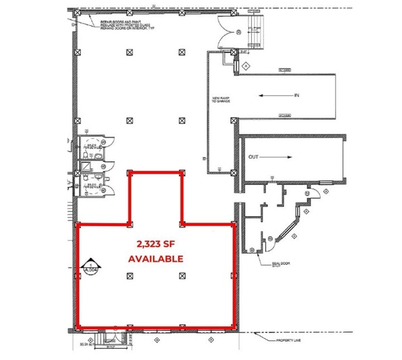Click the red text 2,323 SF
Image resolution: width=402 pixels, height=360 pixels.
(156, 244)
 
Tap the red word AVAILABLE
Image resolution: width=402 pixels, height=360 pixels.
(156, 258)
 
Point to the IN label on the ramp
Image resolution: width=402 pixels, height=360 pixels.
(297, 95)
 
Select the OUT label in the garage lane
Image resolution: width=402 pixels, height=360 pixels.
(255, 157)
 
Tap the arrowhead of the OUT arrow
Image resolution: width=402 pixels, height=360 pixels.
(291, 157)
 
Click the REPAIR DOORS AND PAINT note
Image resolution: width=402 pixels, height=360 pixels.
(126, 25)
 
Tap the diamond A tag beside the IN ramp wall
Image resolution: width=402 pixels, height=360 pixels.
(245, 65)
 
